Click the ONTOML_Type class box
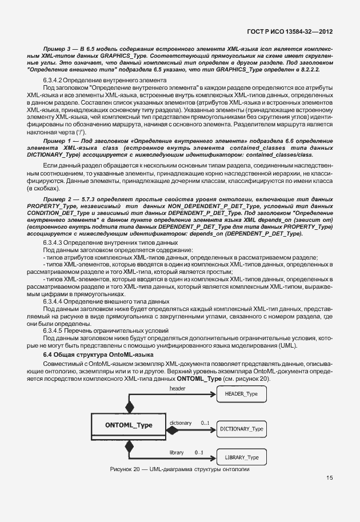click(129, 425)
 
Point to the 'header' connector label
click(178, 389)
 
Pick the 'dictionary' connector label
click(181, 423)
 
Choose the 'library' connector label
click(177, 452)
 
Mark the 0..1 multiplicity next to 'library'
click(199, 452)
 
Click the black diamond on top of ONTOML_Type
click(129, 407)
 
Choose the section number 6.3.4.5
click(56, 331)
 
